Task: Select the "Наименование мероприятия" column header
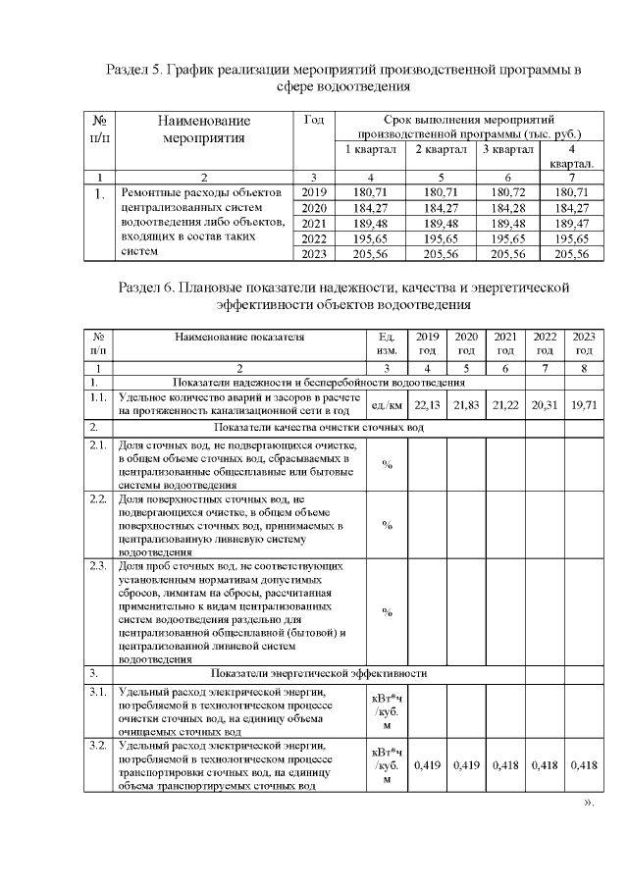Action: (204, 130)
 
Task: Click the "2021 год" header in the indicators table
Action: (505, 342)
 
